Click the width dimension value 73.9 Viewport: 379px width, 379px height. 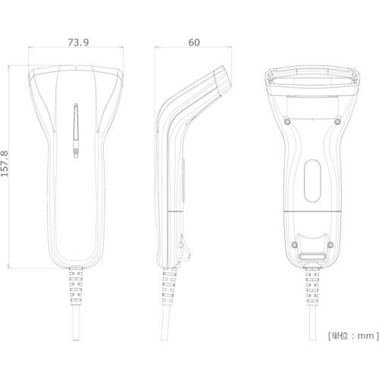77,42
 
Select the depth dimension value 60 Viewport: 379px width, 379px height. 194,42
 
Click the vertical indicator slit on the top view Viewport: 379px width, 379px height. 76,131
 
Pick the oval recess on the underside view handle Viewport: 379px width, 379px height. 312,182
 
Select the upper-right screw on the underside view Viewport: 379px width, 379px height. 337,121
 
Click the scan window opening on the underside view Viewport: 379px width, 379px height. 312,79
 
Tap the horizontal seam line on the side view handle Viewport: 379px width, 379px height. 173,208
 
